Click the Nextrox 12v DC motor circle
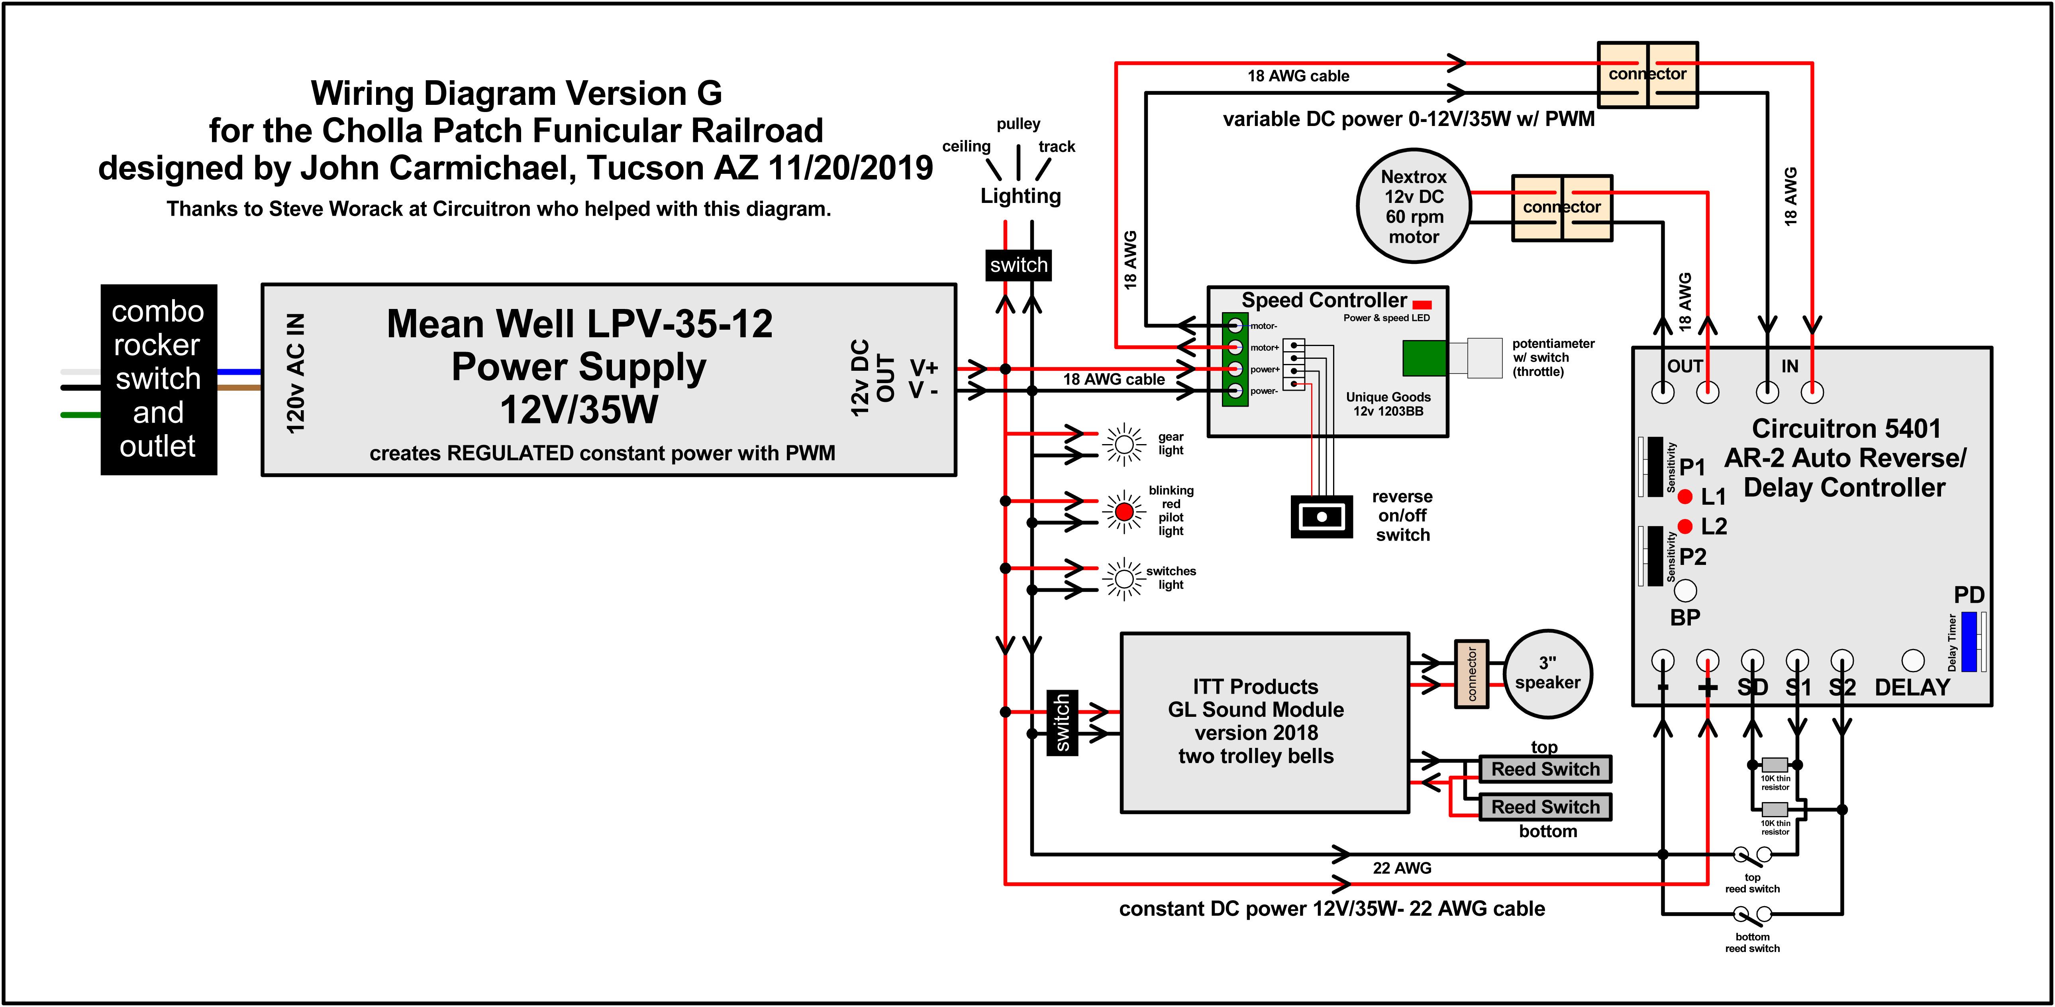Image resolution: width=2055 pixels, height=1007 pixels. click(1414, 207)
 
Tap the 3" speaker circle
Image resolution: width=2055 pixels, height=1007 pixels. click(1548, 673)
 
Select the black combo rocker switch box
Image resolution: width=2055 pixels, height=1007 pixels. click(159, 380)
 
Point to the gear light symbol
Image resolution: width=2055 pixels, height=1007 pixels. click(1124, 444)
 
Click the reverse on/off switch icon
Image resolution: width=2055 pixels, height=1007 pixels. click(1321, 516)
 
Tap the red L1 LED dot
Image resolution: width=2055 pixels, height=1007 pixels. click(1685, 496)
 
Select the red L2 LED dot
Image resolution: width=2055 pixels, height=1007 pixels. click(1685, 526)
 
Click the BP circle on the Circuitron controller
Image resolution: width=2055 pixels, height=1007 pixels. click(1685, 590)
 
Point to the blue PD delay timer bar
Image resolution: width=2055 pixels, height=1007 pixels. click(1969, 641)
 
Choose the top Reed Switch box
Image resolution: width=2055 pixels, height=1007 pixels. click(1545, 769)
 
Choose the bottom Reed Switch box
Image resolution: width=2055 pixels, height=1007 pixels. click(1545, 807)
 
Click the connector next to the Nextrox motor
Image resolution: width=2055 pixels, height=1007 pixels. click(1562, 207)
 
